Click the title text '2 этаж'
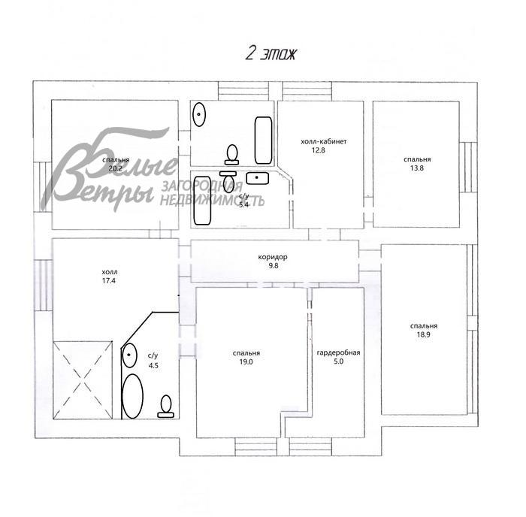pyautogui.click(x=271, y=53)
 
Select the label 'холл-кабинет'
pyautogui.click(x=322, y=141)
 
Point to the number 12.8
pyautogui.click(x=322, y=150)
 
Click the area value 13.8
pyautogui.click(x=416, y=168)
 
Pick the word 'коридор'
pyautogui.click(x=273, y=256)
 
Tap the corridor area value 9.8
pyautogui.click(x=273, y=265)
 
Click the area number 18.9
pyautogui.click(x=424, y=335)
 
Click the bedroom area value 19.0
pyautogui.click(x=246, y=361)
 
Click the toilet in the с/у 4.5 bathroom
pyautogui.click(x=165, y=407)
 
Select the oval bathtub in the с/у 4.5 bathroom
pyautogui.click(x=132, y=396)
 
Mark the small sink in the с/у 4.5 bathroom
pyautogui.click(x=131, y=353)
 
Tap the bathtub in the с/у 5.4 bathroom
pyautogui.click(x=202, y=199)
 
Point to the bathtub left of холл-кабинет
pyautogui.click(x=263, y=140)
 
